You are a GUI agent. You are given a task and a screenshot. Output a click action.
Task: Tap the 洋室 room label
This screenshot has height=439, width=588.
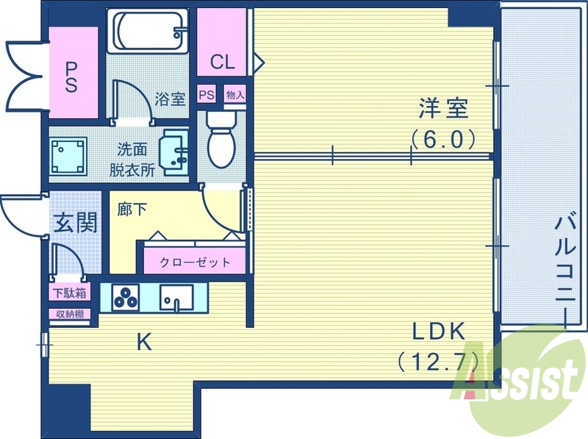pyautogui.click(x=443, y=110)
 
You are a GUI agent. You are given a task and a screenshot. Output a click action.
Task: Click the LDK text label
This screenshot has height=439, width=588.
pyautogui.click(x=438, y=332)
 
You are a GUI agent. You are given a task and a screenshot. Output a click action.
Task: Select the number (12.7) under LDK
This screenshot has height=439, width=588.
pyautogui.click(x=438, y=361)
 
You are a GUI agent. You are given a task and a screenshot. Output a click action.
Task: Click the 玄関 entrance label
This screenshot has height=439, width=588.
pyautogui.click(x=75, y=221)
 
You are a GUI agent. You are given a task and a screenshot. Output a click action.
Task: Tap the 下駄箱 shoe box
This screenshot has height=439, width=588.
pyautogui.click(x=69, y=293)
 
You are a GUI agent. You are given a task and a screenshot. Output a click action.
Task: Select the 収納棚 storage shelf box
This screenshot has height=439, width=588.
pyautogui.click(x=70, y=314)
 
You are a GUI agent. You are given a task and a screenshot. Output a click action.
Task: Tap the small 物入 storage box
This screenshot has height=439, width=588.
pyautogui.click(x=234, y=95)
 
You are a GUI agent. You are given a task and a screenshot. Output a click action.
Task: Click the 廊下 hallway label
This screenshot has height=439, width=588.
pyautogui.click(x=132, y=209)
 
